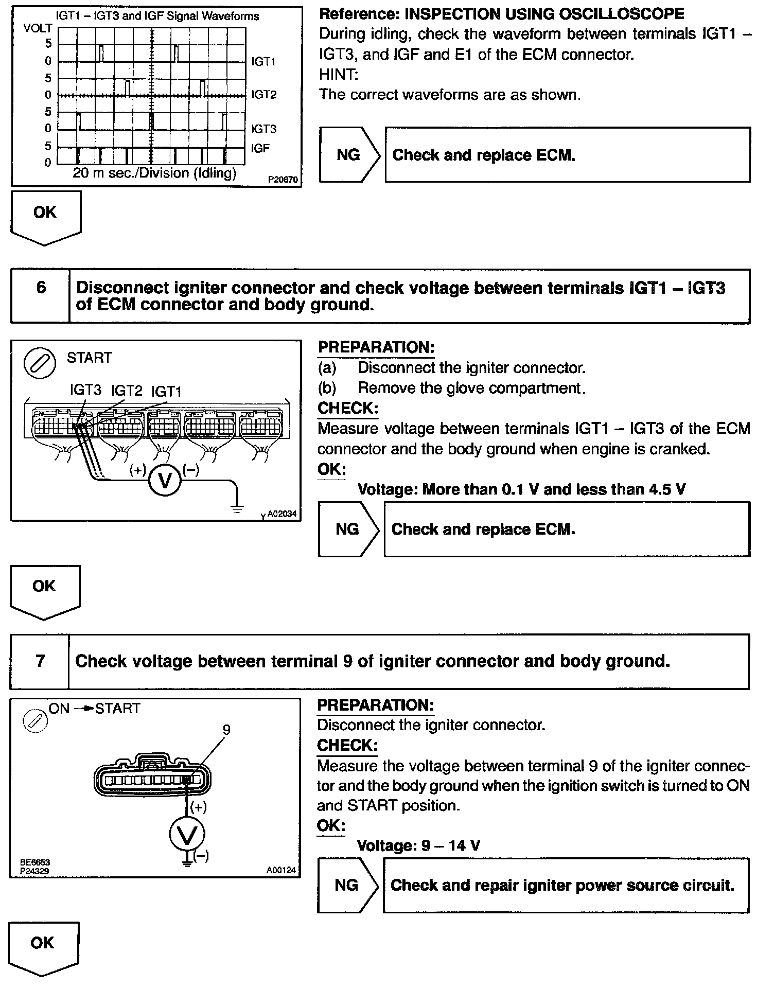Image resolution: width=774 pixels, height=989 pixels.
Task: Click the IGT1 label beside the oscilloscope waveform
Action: (x=263, y=62)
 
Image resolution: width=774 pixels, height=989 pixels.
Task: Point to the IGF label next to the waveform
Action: (x=260, y=149)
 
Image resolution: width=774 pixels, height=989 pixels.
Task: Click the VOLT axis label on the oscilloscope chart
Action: (x=38, y=28)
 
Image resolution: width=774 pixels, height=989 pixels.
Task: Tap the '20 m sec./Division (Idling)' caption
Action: (x=154, y=173)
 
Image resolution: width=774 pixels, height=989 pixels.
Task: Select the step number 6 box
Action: (x=41, y=288)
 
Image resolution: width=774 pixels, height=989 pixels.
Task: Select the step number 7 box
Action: (x=40, y=661)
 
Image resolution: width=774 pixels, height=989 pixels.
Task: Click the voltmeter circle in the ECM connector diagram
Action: (x=165, y=480)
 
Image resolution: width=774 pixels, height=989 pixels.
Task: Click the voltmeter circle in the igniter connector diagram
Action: (x=187, y=834)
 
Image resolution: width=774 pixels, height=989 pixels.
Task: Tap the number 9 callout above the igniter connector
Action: (x=226, y=730)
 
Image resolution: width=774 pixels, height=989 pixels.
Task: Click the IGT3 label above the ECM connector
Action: (x=85, y=390)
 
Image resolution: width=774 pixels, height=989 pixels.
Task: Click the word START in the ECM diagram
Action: (x=89, y=358)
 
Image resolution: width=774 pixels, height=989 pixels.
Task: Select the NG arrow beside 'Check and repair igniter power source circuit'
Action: (x=348, y=885)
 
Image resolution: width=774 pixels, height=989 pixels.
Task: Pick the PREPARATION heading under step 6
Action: (x=376, y=347)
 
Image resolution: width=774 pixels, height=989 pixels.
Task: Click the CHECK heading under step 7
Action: (x=347, y=745)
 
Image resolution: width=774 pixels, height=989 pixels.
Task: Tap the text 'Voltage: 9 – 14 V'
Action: (x=418, y=845)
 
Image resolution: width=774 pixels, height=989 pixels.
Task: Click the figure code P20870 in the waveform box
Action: (x=283, y=180)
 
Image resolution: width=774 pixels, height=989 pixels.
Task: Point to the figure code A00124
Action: (x=281, y=871)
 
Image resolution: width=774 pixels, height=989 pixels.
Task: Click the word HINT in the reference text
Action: (x=338, y=75)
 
